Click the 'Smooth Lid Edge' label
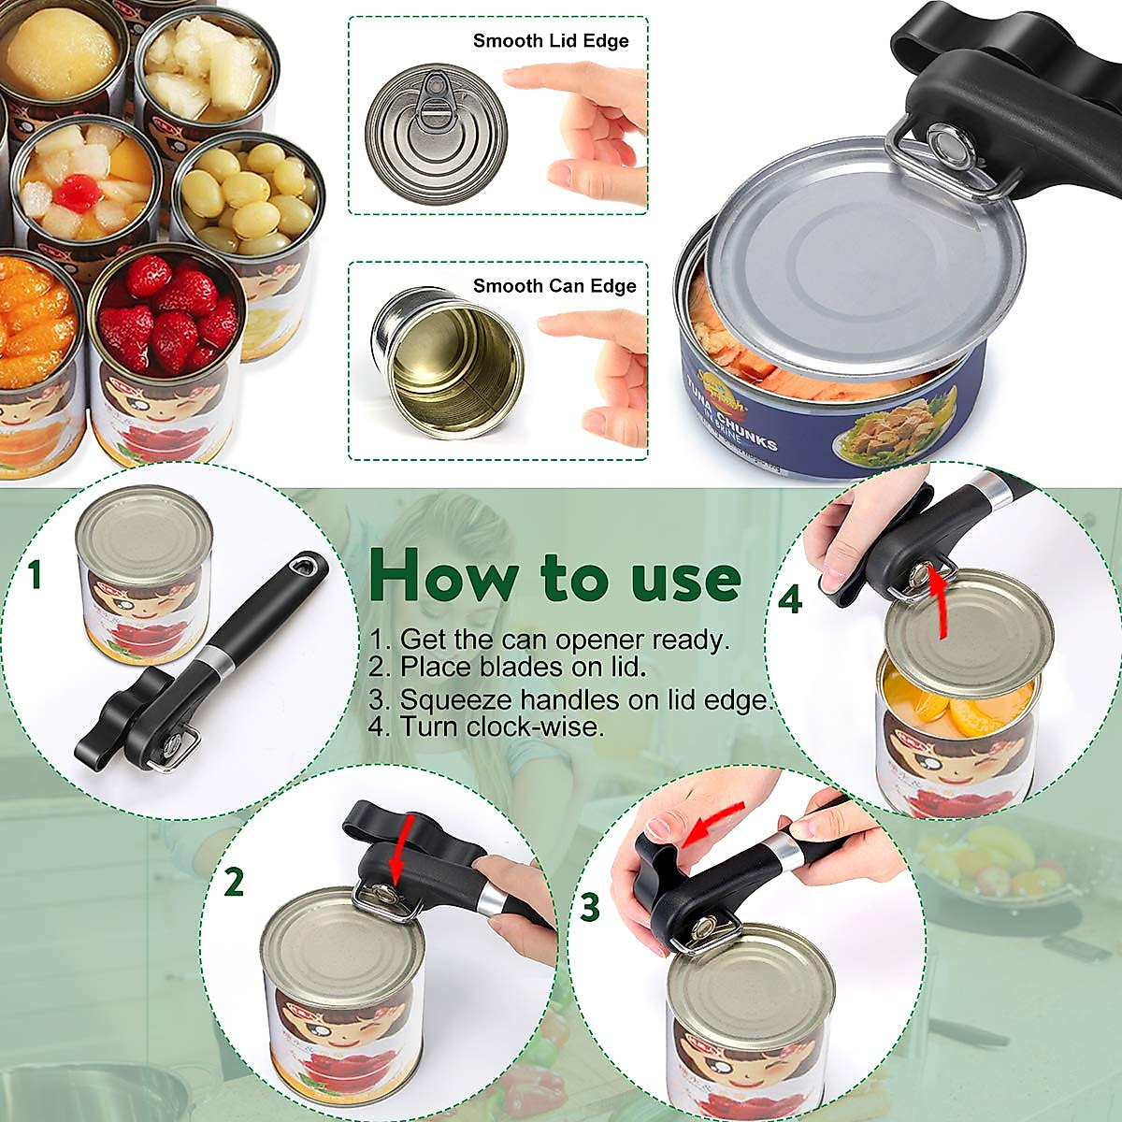pos(550,40)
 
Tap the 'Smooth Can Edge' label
pos(554,286)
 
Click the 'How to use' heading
pos(554,576)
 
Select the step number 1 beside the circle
pos(35,575)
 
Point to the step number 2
pos(233,882)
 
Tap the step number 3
pos(589,906)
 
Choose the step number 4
pos(790,599)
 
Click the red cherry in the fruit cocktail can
pos(78,193)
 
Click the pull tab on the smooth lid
pos(433,101)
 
